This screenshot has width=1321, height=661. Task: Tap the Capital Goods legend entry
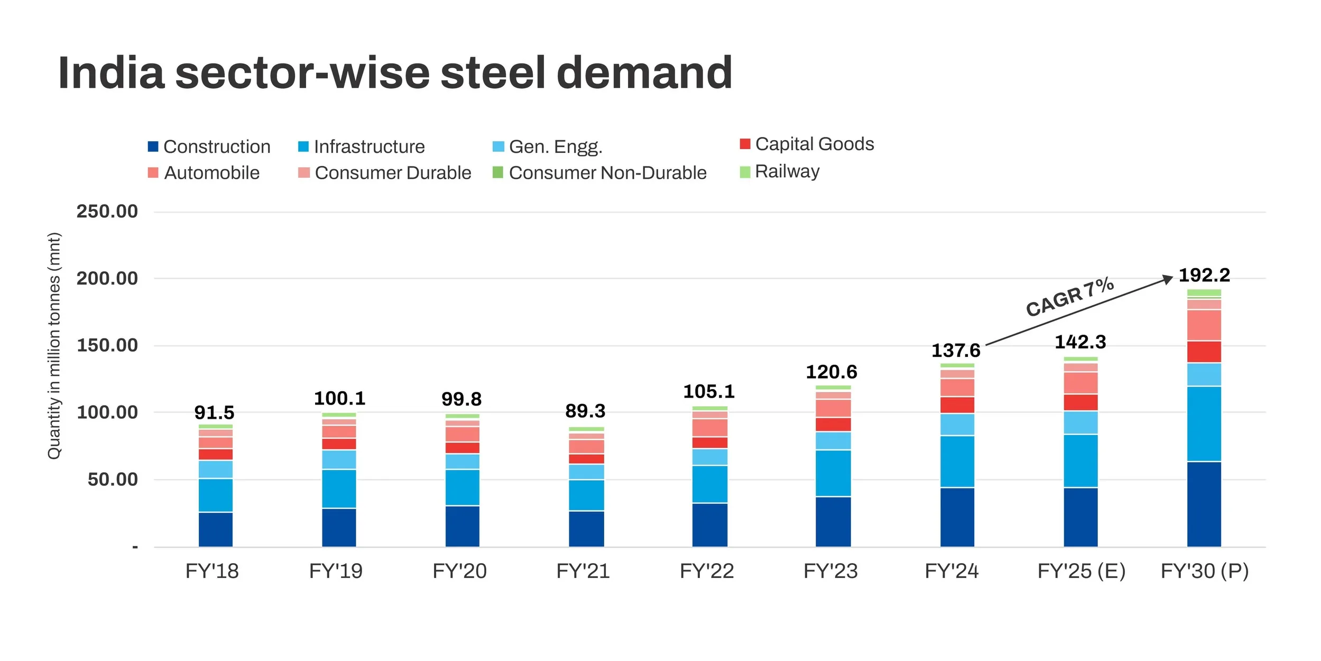point(807,144)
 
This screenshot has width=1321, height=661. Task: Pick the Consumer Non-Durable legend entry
point(600,173)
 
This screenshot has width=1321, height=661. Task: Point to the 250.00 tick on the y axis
point(107,212)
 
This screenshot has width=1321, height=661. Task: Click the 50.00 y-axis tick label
point(113,480)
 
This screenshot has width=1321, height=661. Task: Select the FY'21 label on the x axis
point(583,571)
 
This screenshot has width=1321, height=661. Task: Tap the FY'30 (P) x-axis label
point(1204,571)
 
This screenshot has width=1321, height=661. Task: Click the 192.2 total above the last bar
point(1204,275)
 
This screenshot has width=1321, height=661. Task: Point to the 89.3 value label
point(585,411)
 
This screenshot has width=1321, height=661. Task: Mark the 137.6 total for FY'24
point(956,351)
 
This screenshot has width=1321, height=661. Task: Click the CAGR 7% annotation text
point(1069,297)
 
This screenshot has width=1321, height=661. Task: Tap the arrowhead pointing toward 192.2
point(1168,279)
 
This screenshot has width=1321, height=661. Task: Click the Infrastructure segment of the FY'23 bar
point(833,473)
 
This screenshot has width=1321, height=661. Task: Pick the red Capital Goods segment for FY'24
point(957,405)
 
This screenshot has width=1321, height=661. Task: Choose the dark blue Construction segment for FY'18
point(216,529)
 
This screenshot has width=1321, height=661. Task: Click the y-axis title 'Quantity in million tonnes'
point(54,346)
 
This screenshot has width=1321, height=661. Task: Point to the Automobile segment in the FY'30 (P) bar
point(1204,325)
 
